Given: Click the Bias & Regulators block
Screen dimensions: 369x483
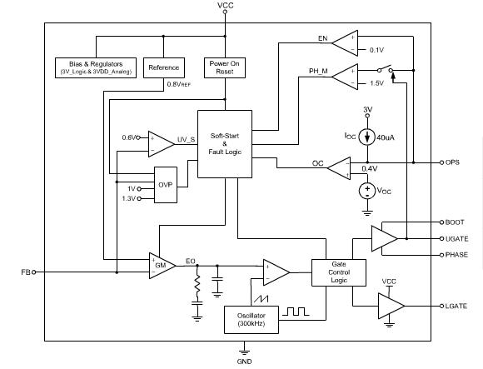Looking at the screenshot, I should pos(97,68).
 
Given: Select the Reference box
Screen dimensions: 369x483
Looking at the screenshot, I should pos(163,67).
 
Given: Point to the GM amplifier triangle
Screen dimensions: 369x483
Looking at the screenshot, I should pos(162,265).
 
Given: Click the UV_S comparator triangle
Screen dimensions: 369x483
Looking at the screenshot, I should pos(160,142).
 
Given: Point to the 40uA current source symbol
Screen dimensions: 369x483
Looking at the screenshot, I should pos(366,138).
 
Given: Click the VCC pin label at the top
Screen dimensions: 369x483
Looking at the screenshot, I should pos(226,6).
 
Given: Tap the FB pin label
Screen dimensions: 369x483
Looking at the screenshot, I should pos(25,272).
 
